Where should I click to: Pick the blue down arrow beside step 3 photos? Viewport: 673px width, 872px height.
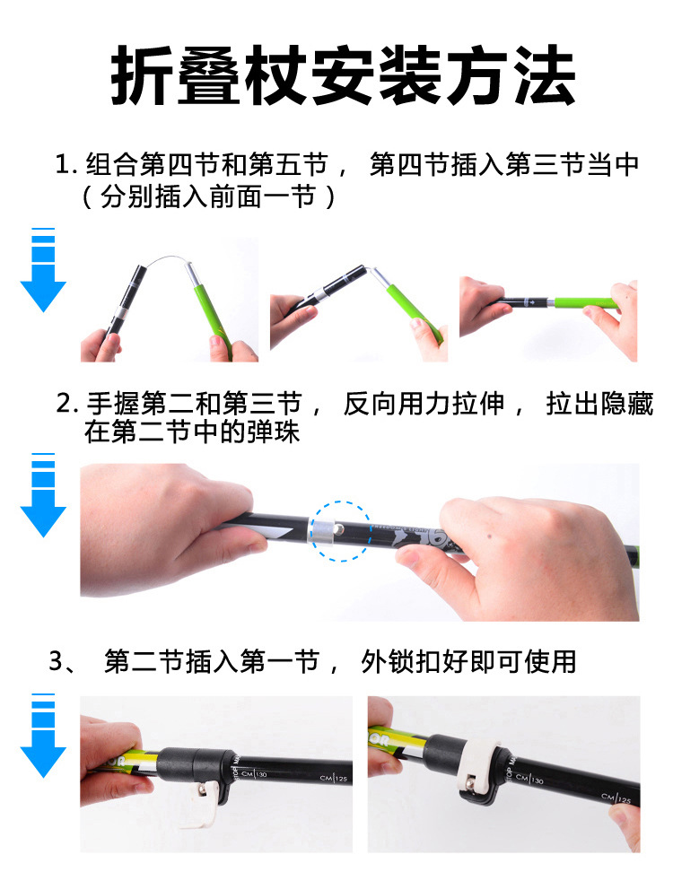click(x=43, y=735)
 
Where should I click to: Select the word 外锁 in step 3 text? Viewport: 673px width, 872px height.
click(x=389, y=662)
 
